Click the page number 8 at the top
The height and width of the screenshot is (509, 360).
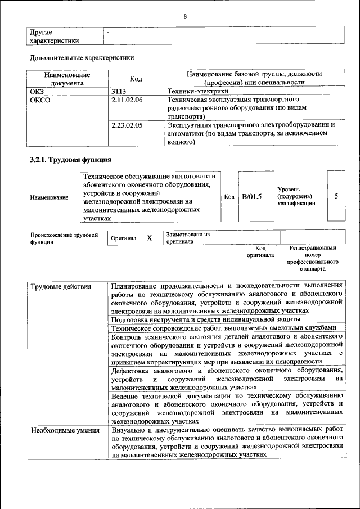184,16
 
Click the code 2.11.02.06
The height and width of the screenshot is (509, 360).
127,100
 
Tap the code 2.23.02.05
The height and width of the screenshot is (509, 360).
127,125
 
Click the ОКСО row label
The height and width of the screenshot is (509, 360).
40,100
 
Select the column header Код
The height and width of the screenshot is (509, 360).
136,79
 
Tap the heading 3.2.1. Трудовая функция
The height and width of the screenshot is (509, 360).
70,160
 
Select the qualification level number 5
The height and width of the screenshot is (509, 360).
336,196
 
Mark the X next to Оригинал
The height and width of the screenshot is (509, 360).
150,238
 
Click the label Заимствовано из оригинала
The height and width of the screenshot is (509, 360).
187,237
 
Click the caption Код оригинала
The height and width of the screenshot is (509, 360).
260,251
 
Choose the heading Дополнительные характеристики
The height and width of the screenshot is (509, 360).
82,57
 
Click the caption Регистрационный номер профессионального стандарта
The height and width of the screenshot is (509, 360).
313,258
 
